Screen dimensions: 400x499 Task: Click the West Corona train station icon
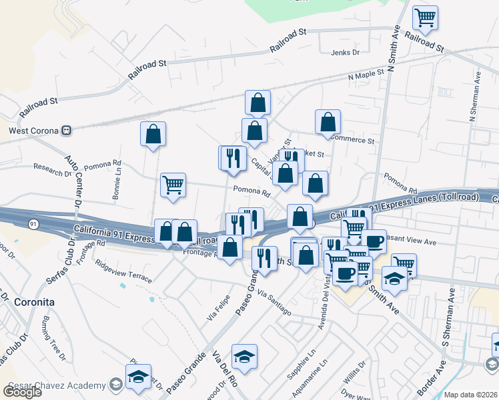click(x=66, y=131)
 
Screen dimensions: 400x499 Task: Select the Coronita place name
click(x=31, y=302)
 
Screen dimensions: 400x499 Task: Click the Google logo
click(x=22, y=391)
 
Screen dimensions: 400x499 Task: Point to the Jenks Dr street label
click(x=345, y=52)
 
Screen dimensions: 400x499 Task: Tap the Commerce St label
click(x=353, y=141)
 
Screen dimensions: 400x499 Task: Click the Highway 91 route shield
click(x=33, y=224)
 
